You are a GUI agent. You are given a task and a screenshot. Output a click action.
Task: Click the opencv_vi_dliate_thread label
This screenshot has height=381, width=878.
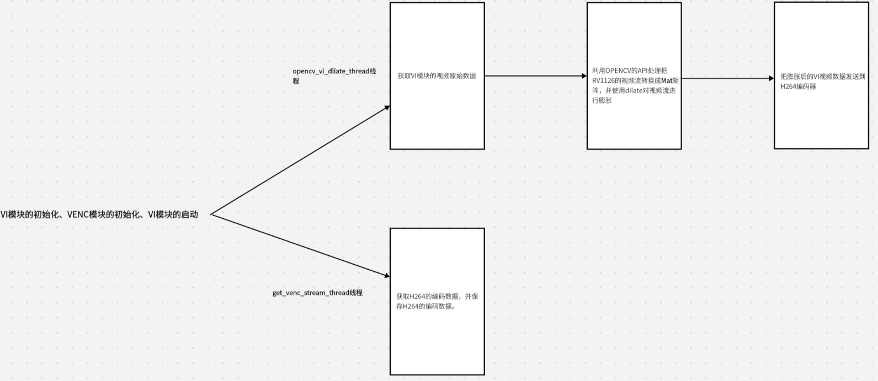coord(329,72)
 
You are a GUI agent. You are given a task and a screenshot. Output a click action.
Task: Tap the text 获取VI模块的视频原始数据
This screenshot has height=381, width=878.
coord(437,76)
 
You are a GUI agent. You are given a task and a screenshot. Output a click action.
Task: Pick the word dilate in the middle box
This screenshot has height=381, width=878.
coord(634,90)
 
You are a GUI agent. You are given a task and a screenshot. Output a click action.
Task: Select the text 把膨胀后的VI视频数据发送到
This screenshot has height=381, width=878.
coord(823,77)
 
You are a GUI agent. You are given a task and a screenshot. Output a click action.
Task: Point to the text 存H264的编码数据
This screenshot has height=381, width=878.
coord(425,307)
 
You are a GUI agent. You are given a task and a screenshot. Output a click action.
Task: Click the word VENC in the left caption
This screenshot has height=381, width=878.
coord(77,214)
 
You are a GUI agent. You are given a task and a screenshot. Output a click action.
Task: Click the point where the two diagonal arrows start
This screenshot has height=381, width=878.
coord(211,214)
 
